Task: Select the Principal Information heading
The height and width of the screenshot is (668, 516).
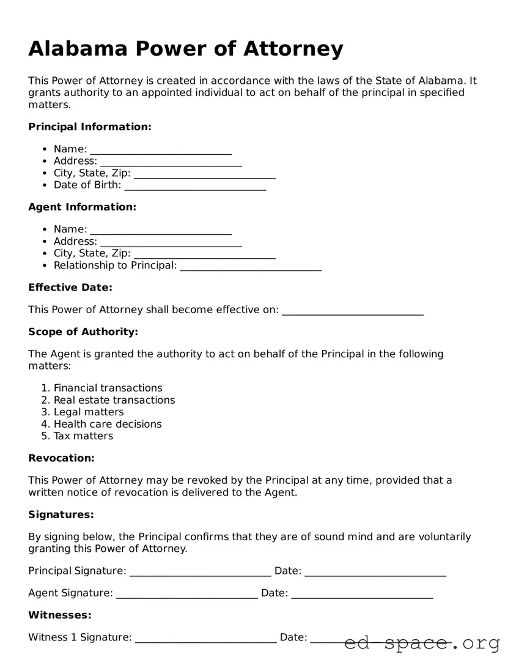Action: click(x=89, y=127)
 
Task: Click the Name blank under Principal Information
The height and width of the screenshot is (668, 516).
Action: click(x=161, y=149)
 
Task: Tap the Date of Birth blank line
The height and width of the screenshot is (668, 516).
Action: click(x=195, y=185)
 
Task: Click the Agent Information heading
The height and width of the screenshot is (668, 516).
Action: click(x=82, y=207)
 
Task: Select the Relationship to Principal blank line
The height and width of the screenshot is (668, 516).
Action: click(x=251, y=265)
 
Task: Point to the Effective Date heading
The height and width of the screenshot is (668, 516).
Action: click(x=70, y=288)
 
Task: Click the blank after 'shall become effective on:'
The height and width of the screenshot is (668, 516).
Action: click(x=353, y=310)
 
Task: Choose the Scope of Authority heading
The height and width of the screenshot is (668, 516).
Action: click(x=83, y=332)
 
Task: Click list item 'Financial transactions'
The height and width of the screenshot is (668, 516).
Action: click(x=108, y=388)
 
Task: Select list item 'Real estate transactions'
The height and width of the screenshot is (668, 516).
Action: click(x=114, y=400)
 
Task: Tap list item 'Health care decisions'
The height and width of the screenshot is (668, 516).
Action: click(x=108, y=424)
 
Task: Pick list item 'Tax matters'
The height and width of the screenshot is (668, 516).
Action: click(x=83, y=436)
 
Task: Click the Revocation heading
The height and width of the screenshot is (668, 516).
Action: click(x=61, y=458)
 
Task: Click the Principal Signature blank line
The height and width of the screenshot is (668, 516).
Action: click(x=200, y=571)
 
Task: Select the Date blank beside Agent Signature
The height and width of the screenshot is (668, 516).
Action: click(x=362, y=593)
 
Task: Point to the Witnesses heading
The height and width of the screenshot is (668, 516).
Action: click(x=60, y=615)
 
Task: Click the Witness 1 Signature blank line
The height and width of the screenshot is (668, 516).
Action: click(x=205, y=637)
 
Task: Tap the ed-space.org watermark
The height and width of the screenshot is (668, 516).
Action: click(x=422, y=643)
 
